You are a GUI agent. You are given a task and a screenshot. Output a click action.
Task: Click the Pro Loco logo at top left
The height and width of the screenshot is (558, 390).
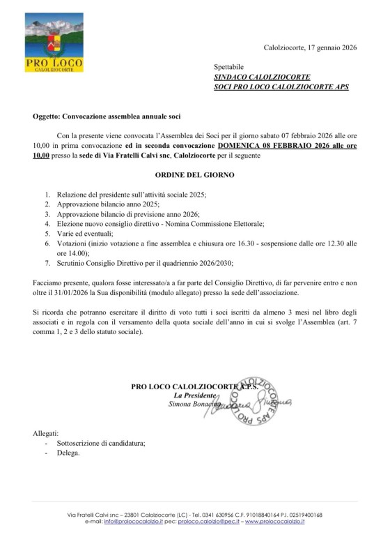(54, 43)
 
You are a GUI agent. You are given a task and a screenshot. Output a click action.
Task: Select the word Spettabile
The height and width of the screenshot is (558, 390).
(231, 66)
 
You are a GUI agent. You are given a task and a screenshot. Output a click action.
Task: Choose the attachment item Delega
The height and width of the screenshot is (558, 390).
(68, 453)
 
